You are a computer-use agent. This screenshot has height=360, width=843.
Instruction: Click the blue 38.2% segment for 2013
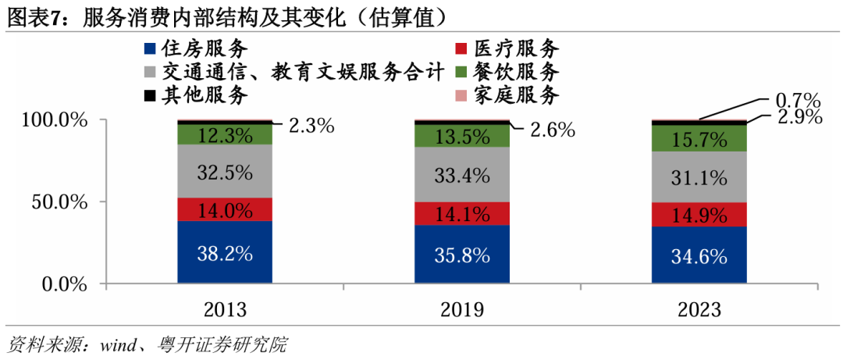225,252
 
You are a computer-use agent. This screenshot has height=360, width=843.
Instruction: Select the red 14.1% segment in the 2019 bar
462,214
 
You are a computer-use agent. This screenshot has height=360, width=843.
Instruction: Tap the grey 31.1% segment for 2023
699,177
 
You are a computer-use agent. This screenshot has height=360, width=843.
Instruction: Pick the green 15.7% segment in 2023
699,138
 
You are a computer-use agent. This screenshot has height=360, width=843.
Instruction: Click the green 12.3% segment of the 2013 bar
225,134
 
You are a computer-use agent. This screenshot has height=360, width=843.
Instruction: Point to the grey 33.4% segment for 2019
462,174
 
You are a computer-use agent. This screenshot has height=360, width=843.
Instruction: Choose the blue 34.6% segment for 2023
699,255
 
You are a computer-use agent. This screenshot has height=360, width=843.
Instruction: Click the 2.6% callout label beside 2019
553,130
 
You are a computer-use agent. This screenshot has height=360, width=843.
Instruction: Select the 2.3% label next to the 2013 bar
311,125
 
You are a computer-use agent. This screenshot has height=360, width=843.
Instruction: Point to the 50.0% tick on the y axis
55,202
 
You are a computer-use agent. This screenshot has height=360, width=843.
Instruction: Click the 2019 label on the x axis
462,310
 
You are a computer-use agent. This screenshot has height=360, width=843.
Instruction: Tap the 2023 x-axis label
699,310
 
